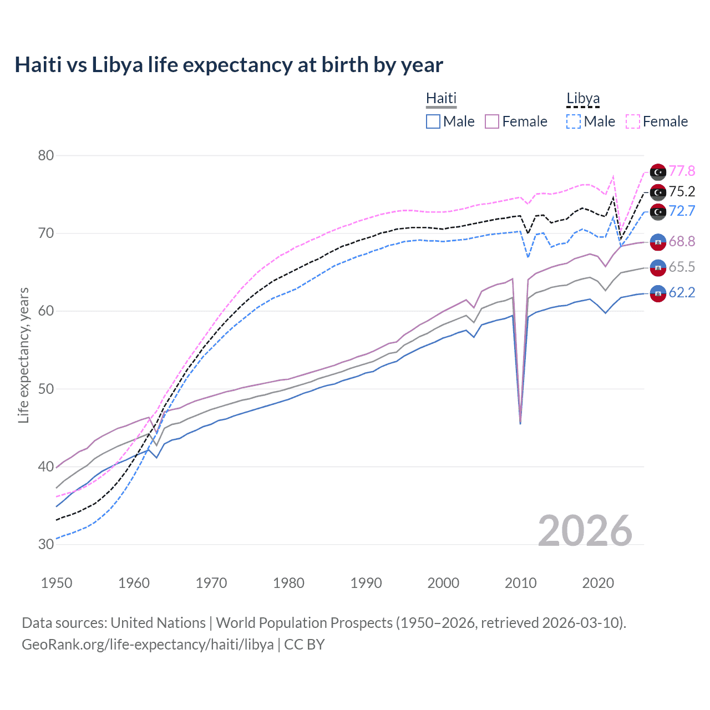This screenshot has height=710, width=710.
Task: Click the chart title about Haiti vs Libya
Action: coord(229,65)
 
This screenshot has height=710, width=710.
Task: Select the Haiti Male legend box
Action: coord(433,121)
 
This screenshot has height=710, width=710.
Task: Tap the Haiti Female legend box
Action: coord(493,121)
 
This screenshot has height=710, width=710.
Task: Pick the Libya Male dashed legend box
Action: coord(574,121)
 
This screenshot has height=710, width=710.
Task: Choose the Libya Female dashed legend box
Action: coord(633,121)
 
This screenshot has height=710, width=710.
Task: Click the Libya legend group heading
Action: coord(583,99)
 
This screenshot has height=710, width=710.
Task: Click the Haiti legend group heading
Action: coord(441,99)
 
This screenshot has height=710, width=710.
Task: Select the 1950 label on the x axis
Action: coord(57,583)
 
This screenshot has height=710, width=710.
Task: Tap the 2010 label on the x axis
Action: coord(520,583)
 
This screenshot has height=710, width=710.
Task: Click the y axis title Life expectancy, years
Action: coord(23,355)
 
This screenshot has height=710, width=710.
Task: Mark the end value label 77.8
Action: coord(682,171)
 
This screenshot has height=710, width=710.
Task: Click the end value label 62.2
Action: coord(682,292)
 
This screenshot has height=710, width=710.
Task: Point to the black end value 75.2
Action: coord(682,191)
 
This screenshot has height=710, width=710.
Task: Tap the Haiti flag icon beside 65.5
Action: coord(658,267)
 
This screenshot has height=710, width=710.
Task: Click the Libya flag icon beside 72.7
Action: coord(658,211)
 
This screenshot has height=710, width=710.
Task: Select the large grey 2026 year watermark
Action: coord(585,531)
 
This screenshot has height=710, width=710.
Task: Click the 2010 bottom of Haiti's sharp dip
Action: coord(520,423)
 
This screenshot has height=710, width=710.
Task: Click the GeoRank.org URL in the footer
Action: coord(148,645)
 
